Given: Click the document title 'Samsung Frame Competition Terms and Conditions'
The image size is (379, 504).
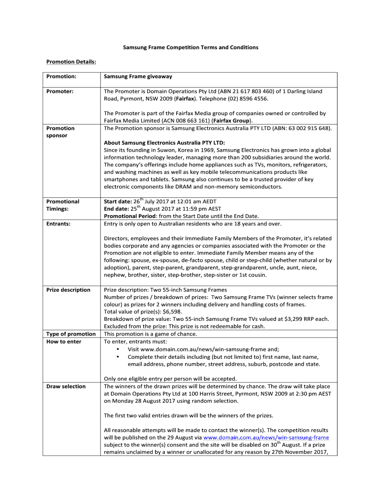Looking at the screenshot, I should [190, 47].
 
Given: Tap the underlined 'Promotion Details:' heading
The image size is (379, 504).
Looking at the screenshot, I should [71, 62].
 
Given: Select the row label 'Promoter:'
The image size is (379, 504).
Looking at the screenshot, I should [60, 92].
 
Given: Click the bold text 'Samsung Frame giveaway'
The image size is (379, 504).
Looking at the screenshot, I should [138, 77].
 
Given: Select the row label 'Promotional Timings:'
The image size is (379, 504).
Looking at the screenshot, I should [63, 205].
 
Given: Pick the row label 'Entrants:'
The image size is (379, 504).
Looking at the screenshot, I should [58, 224].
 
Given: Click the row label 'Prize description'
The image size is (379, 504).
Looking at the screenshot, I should [68, 290].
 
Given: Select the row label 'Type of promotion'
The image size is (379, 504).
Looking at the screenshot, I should [71, 334].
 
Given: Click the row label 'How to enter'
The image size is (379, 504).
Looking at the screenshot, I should [64, 342].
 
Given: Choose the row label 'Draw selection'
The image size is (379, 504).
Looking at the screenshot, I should [66, 386].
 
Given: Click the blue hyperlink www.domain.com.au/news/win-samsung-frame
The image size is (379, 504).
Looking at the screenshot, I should [266, 438].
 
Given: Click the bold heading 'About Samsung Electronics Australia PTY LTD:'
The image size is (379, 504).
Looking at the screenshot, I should [164, 143].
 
